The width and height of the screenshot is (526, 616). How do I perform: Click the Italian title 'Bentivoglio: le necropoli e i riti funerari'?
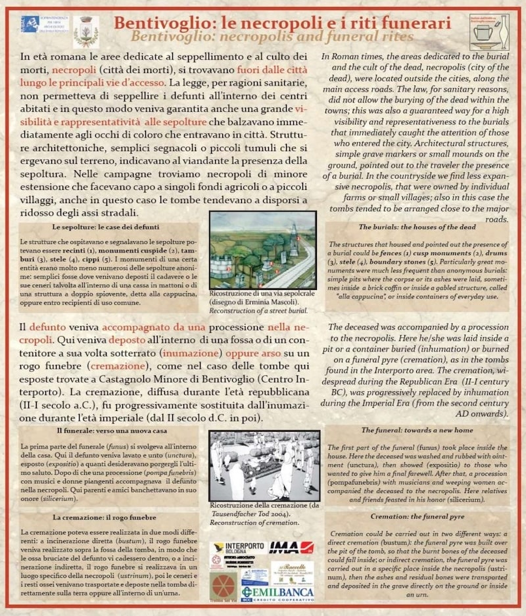click(x=282, y=22)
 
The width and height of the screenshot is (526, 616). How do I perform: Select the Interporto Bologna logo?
click(x=237, y=548)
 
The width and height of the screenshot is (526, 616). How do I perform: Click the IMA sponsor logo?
click(x=291, y=548)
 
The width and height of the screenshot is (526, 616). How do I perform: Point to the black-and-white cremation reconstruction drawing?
click(x=264, y=465)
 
